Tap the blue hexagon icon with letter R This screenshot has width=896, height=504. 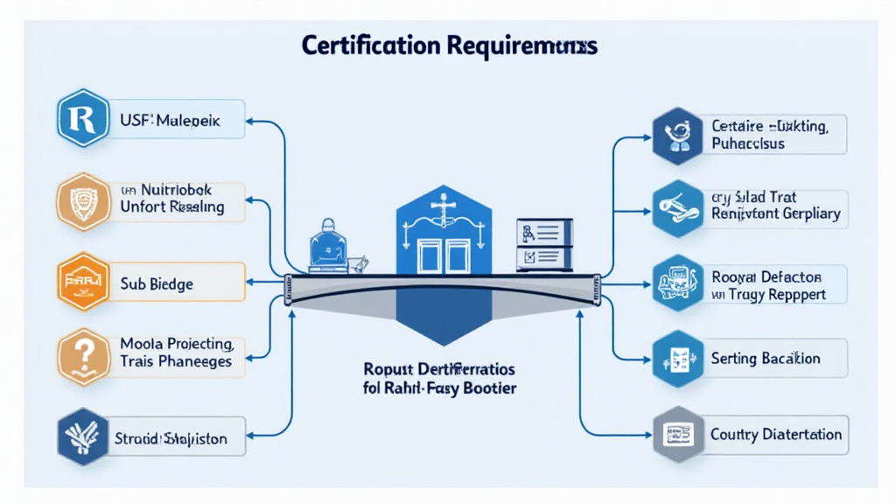tap(83, 117)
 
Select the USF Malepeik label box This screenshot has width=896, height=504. tap(178, 117)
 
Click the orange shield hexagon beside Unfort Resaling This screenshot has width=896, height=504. tap(83, 199)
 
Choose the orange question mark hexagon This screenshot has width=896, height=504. tap(83, 357)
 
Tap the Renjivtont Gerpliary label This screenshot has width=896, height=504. tap(774, 213)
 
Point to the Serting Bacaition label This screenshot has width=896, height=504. tap(766, 358)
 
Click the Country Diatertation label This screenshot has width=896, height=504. tap(776, 434)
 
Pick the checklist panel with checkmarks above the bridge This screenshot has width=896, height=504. tap(543, 244)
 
